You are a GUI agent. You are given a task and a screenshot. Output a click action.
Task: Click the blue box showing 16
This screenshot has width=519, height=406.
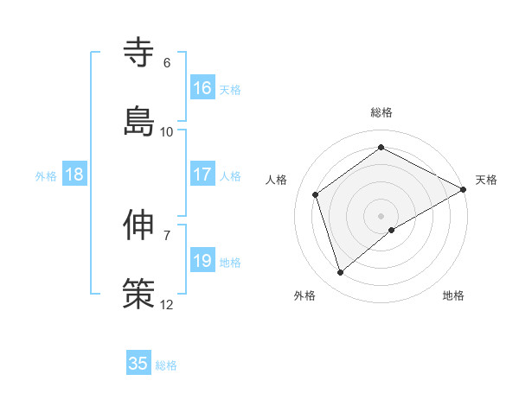[202, 88]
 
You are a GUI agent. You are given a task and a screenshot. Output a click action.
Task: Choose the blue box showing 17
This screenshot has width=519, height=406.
[202, 174]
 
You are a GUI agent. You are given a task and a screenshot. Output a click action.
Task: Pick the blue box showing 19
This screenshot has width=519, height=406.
[202, 261]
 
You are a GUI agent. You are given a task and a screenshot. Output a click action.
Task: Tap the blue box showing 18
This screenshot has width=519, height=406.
[74, 174]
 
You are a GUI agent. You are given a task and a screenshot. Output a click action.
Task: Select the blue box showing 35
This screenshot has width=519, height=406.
[138, 364]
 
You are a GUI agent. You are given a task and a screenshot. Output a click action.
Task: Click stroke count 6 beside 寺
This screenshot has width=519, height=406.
[167, 63]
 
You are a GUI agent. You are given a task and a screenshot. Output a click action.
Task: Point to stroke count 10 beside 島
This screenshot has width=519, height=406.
[167, 131]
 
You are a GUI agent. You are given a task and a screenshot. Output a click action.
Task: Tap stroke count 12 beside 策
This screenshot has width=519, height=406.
[167, 304]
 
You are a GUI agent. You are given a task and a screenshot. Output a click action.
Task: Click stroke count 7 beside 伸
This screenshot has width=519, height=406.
[167, 235]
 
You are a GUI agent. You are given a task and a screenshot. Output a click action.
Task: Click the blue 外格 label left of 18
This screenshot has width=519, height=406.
[46, 176]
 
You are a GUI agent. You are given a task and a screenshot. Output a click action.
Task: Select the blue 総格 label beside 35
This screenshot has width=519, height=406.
[166, 365]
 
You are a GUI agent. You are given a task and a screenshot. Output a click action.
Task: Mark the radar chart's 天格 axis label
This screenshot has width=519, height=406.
[486, 180]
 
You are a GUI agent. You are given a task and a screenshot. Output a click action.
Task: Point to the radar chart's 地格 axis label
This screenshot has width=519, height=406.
[453, 295]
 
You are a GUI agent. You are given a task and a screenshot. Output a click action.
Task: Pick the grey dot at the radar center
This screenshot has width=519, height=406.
[381, 215]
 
